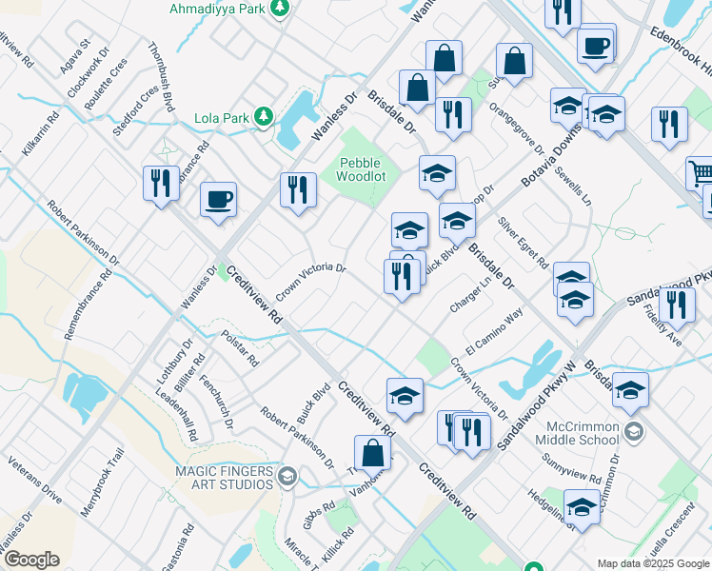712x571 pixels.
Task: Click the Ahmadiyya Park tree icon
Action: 280,9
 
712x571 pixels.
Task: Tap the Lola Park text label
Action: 220,118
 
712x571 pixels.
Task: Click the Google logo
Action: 31,560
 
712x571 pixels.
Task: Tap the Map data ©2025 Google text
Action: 653,563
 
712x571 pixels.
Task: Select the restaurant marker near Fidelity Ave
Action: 677,305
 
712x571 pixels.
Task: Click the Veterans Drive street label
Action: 34,484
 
